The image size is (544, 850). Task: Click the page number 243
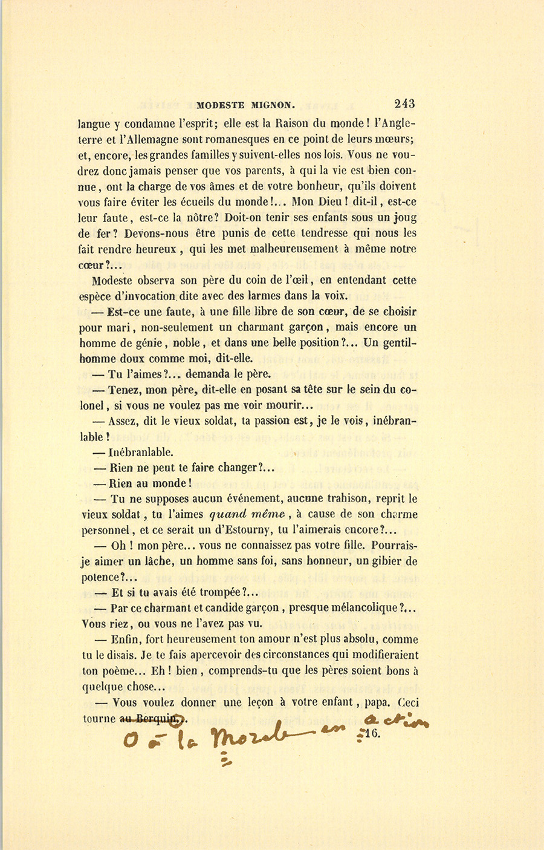404,103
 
